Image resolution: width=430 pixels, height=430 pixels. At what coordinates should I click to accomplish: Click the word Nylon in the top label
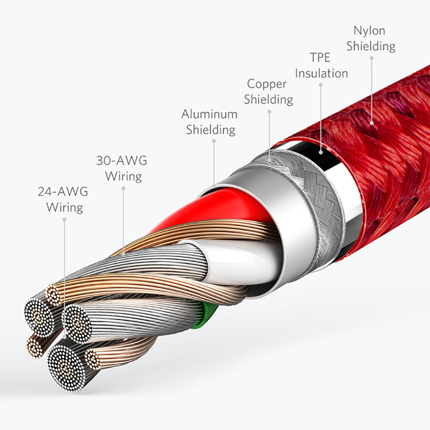click(x=369, y=31)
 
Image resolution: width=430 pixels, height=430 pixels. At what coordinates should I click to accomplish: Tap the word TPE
click(x=320, y=57)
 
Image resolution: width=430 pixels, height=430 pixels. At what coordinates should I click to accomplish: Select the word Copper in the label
click(x=267, y=84)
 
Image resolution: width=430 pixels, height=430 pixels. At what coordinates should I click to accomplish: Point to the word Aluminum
click(x=209, y=114)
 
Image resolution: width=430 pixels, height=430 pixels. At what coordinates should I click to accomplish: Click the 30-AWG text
click(x=122, y=161)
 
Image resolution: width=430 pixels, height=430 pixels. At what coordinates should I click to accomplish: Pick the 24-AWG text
click(x=63, y=192)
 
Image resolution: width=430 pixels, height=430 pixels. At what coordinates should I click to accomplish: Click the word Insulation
click(x=322, y=73)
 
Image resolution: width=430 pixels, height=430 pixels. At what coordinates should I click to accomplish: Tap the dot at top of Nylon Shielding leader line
click(x=372, y=58)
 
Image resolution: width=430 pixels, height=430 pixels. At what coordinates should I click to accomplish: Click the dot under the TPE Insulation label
click(x=321, y=85)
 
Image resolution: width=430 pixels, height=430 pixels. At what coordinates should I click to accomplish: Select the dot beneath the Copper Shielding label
click(x=269, y=112)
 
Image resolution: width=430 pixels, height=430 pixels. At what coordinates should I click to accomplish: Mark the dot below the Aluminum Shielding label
click(x=214, y=141)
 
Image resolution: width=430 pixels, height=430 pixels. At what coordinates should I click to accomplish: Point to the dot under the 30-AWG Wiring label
click(x=123, y=188)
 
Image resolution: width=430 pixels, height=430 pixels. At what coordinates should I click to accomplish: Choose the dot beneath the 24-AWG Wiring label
click(x=64, y=219)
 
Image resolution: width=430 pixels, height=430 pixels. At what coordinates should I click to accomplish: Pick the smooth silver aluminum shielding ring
click(x=277, y=219)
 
